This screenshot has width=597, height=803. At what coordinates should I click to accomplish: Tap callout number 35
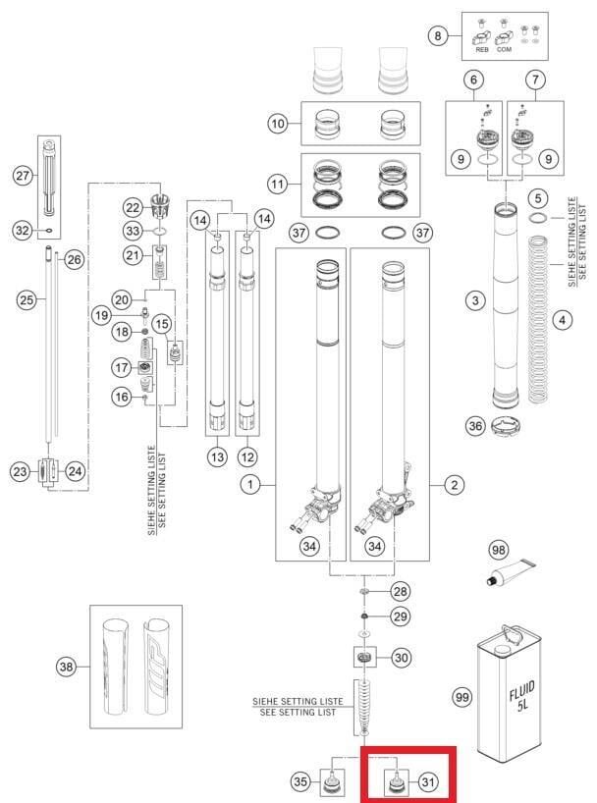pyautogui.click(x=301, y=781)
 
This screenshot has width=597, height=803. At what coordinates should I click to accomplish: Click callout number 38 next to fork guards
pyautogui.click(x=67, y=668)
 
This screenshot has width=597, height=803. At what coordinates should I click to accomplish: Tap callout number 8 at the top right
pyautogui.click(x=437, y=36)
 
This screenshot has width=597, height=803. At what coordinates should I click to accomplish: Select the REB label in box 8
pyautogui.click(x=481, y=48)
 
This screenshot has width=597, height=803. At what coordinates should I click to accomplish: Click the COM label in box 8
pyautogui.click(x=504, y=48)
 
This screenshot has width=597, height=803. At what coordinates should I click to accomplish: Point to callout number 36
pyautogui.click(x=474, y=425)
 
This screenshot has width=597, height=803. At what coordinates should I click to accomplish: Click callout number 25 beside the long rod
pyautogui.click(x=27, y=298)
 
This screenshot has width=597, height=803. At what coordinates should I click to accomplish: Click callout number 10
pyautogui.click(x=278, y=124)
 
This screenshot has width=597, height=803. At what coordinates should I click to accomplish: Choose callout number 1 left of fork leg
pyautogui.click(x=251, y=484)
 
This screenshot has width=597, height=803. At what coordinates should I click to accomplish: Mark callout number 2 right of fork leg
pyautogui.click(x=453, y=484)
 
